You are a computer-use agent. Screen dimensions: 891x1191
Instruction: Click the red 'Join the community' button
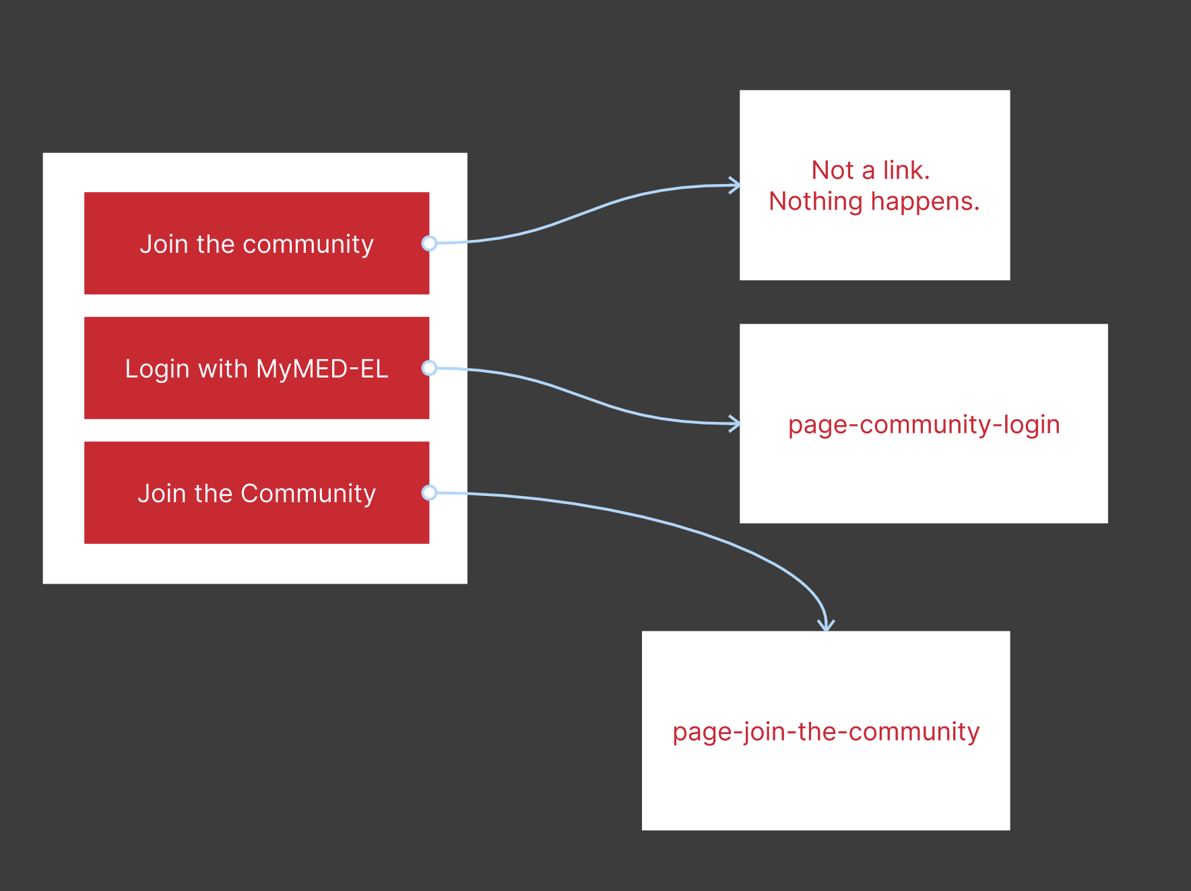[x=256, y=243]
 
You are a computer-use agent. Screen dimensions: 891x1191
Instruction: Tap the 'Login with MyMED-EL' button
[x=256, y=368]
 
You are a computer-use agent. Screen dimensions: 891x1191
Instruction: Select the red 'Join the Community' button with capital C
[x=256, y=493]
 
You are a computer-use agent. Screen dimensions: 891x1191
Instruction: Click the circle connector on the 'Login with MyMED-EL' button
[x=429, y=368]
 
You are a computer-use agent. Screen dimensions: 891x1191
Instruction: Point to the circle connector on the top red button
[x=429, y=243]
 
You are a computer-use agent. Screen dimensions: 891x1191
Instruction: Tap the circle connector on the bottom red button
[x=429, y=493]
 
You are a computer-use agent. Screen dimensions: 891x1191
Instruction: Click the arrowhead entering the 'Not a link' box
[x=735, y=185]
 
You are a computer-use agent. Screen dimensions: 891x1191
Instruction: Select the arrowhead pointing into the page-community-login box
[x=735, y=424]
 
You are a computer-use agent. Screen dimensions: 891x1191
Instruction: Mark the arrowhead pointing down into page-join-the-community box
[x=826, y=625]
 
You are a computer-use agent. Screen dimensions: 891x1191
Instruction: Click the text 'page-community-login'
[x=924, y=425]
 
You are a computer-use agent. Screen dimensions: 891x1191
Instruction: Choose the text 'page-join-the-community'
[x=826, y=731]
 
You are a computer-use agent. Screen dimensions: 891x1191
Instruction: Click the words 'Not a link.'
[x=870, y=171]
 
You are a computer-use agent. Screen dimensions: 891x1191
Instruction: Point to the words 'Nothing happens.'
[x=874, y=202]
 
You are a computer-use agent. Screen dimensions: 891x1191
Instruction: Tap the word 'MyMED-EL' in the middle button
[x=322, y=369]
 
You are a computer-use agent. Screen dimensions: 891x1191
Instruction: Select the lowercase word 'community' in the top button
[x=308, y=245]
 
